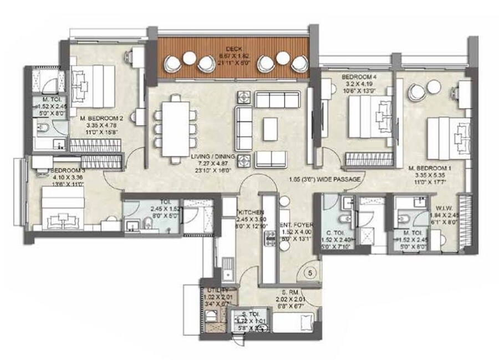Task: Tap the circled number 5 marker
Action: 312,273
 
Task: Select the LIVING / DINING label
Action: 214,158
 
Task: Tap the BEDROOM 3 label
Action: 67,171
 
